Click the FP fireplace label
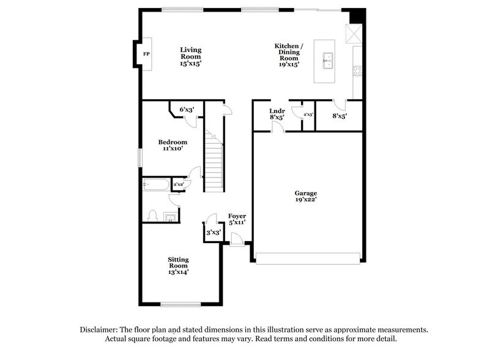click(x=146, y=54)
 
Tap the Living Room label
click(x=190, y=56)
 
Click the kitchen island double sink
click(x=328, y=59)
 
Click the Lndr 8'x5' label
click(x=277, y=114)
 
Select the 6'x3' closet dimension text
click(x=186, y=109)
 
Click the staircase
click(x=213, y=162)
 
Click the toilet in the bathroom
click(x=153, y=215)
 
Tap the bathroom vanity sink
click(x=169, y=216)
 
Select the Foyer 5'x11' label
click(x=237, y=220)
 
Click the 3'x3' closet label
click(x=212, y=233)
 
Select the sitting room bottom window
click(x=181, y=304)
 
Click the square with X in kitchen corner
click(x=353, y=34)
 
